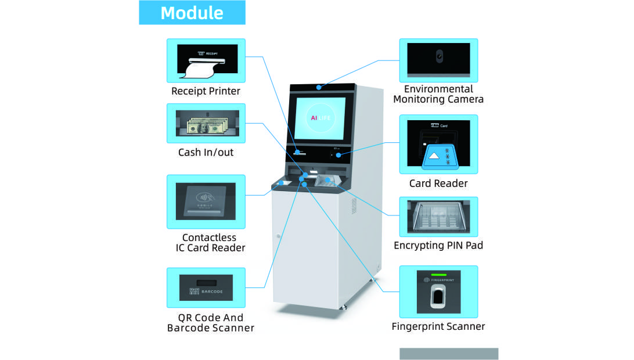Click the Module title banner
[x=192, y=13]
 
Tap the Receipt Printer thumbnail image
[x=206, y=60]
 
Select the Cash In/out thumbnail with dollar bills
[x=206, y=123]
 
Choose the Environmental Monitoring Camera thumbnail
[x=438, y=60]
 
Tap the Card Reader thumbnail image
[x=438, y=145]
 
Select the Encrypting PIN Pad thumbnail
[x=438, y=217]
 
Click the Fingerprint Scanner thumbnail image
[x=438, y=291]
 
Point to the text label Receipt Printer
[x=206, y=91]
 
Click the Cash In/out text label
[x=206, y=153]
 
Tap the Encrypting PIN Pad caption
[x=438, y=246]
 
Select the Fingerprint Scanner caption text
[x=438, y=326]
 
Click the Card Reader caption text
[x=438, y=183]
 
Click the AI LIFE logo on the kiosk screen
[x=320, y=117]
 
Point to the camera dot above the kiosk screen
[x=319, y=88]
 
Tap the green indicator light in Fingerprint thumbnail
[x=438, y=273]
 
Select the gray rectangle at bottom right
[x=448, y=354]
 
